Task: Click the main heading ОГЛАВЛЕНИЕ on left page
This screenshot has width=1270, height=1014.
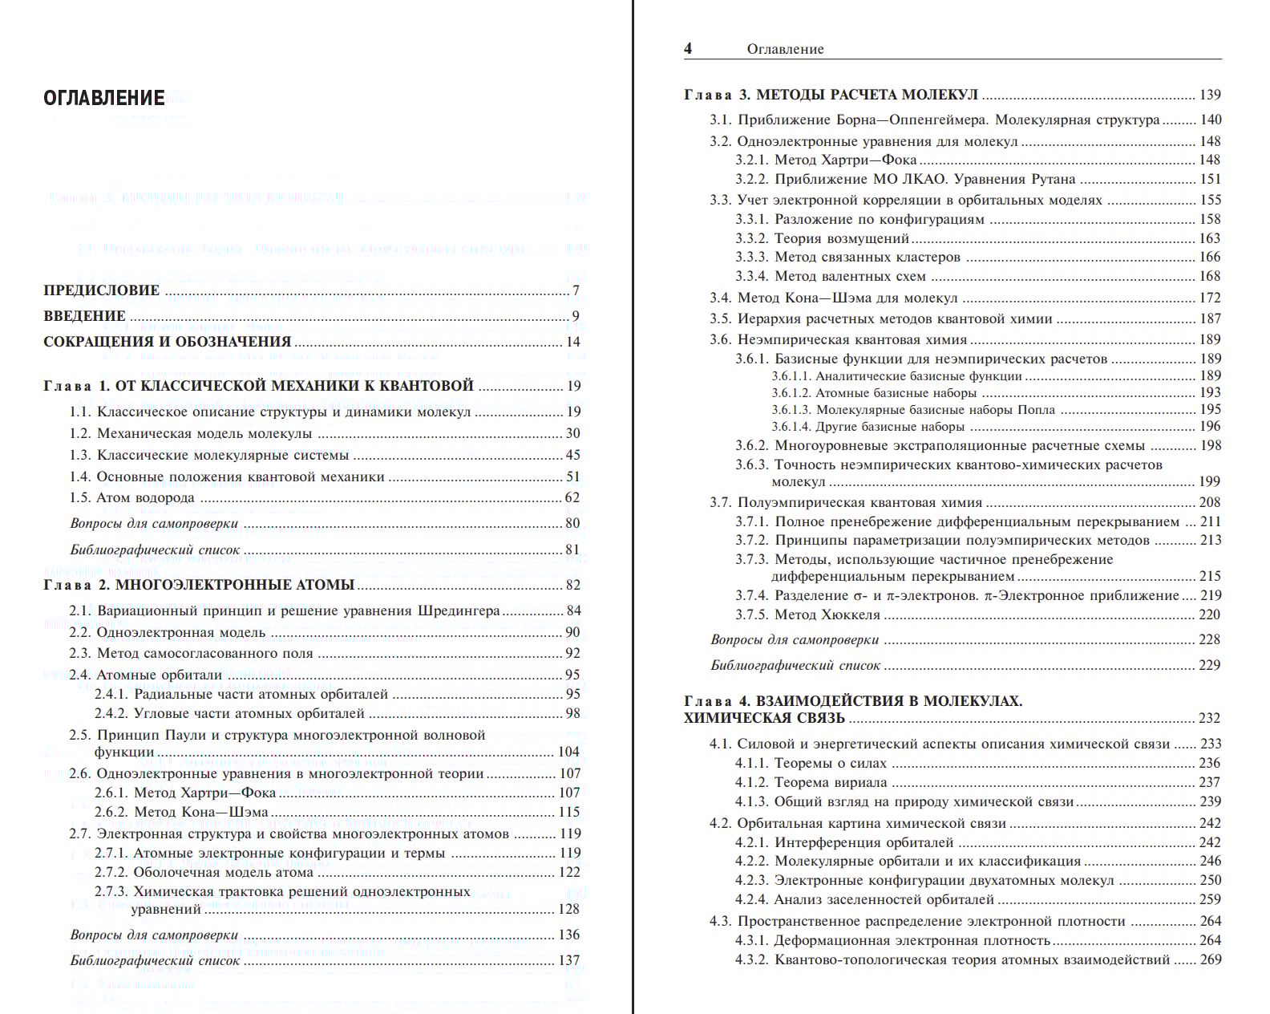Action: (x=104, y=99)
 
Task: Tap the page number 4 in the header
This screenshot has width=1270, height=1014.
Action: (x=688, y=48)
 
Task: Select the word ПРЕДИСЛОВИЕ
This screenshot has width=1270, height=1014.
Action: (x=102, y=290)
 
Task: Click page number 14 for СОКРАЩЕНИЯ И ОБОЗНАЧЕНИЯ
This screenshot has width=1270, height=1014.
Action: (x=572, y=342)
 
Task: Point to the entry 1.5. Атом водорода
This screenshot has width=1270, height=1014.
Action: (x=132, y=497)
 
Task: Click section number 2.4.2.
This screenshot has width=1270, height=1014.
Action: (x=111, y=713)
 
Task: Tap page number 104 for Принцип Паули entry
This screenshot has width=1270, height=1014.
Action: (x=568, y=752)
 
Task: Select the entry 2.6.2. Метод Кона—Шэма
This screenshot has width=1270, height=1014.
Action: (x=181, y=812)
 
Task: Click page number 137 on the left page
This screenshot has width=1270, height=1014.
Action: (x=568, y=960)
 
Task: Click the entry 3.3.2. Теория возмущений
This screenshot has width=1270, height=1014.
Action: (x=823, y=238)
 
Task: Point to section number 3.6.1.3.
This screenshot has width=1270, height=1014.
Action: (x=791, y=410)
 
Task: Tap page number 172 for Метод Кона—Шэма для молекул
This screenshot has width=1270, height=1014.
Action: (x=1210, y=298)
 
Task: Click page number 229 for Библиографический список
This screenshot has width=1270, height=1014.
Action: (x=1210, y=665)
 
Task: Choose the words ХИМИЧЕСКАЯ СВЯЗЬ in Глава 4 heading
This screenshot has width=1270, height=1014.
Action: (x=765, y=718)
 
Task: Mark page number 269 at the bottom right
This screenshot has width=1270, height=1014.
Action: (x=1210, y=959)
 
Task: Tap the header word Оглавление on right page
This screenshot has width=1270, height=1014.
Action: (x=785, y=49)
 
